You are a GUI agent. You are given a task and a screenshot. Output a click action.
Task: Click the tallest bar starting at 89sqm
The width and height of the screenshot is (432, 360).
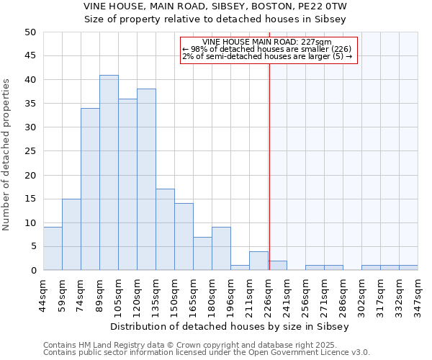point(109,173)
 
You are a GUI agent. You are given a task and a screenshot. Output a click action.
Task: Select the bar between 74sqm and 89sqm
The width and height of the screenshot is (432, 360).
point(90,189)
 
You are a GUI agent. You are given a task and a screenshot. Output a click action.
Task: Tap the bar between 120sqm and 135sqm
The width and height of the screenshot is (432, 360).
point(146,180)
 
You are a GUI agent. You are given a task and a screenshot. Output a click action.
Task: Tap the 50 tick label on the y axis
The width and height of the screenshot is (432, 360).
point(30,32)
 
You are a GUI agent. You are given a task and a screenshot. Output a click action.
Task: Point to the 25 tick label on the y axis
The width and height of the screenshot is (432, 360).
point(30,151)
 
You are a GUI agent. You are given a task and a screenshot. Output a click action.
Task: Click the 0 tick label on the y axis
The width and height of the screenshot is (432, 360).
point(32,271)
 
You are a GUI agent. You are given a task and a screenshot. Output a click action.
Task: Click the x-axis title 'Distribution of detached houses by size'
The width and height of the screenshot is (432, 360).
point(230,326)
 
